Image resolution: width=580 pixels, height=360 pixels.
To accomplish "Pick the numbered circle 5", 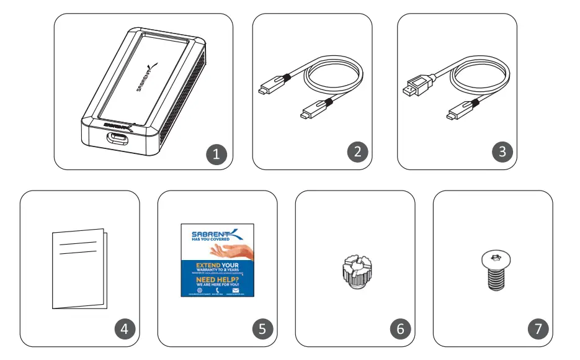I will point(261,329).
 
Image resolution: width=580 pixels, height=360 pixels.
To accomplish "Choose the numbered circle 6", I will point(399,329).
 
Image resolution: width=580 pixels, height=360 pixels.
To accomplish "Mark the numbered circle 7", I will point(537,329).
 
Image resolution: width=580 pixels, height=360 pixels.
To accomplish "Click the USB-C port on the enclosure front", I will point(116,138).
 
